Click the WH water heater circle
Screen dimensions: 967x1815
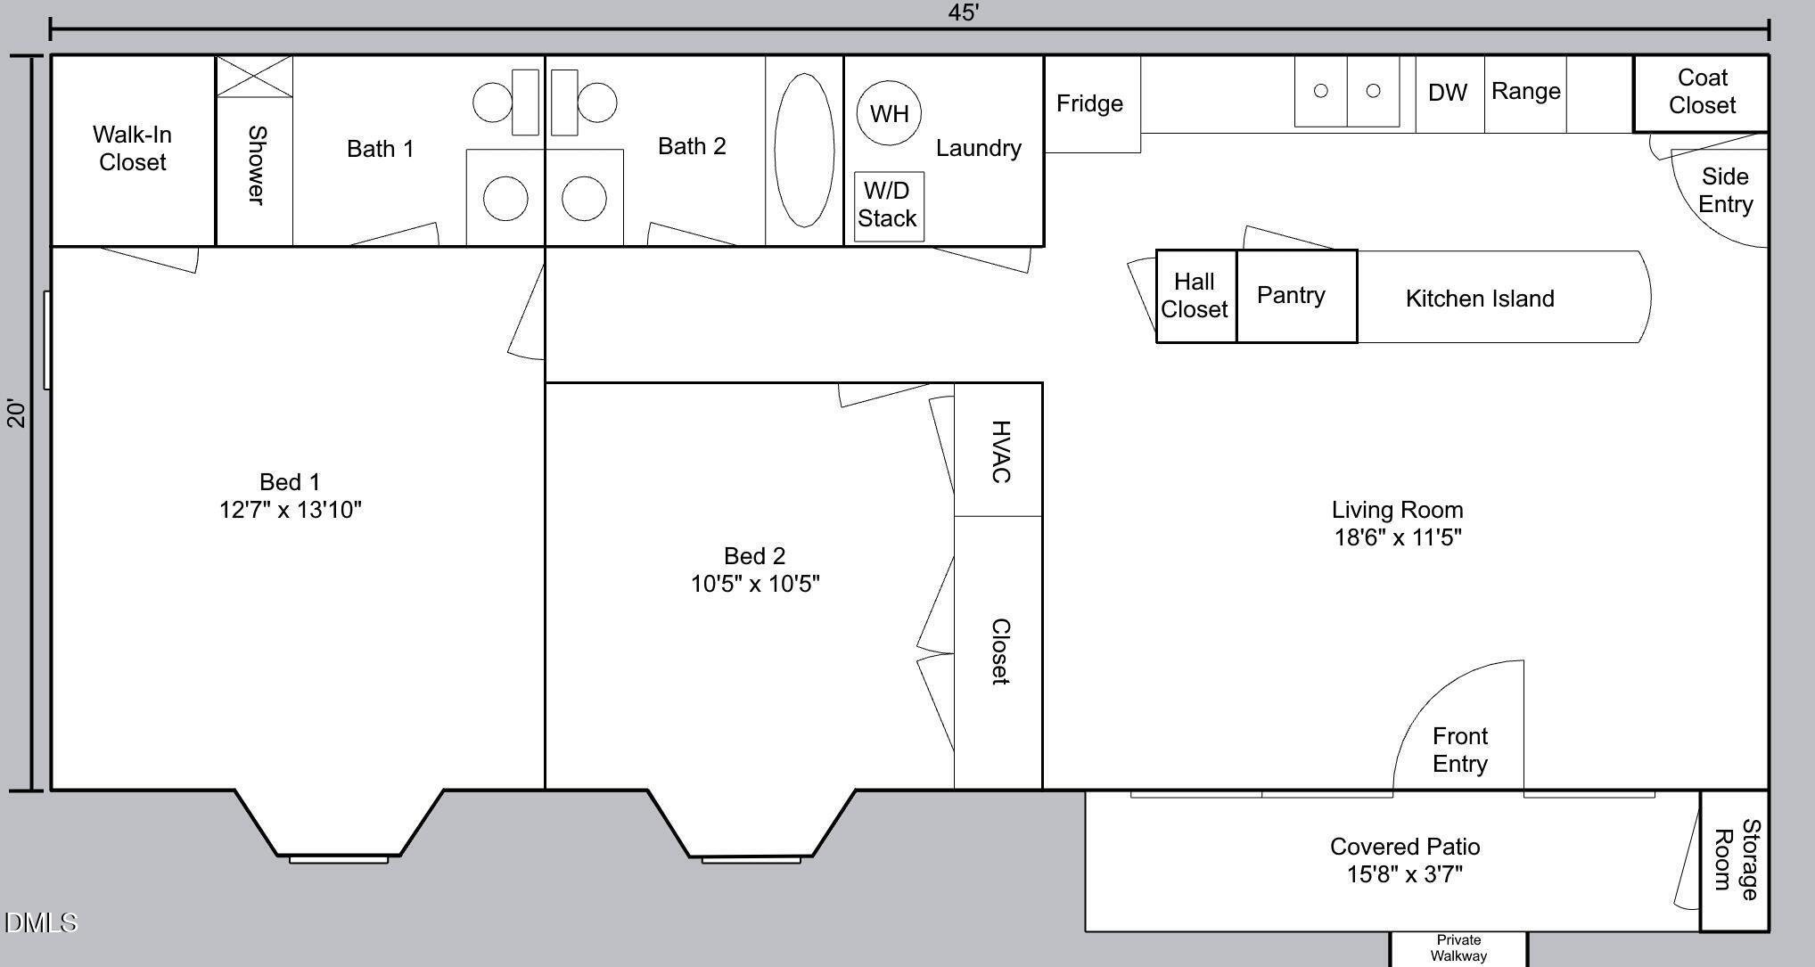click(x=889, y=113)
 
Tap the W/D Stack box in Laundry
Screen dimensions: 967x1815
click(x=888, y=206)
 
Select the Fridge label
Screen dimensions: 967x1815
click(x=1089, y=103)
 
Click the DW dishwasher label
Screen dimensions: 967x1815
click(x=1448, y=93)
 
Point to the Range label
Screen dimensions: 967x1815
click(x=1525, y=91)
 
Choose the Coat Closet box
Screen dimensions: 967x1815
click(x=1701, y=93)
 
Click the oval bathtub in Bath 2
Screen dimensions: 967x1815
click(x=804, y=150)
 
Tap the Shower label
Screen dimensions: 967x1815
click(x=256, y=165)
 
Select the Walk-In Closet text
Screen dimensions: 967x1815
click(x=132, y=148)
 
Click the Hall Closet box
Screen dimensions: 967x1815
click(x=1195, y=296)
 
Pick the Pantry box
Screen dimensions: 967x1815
click(x=1291, y=295)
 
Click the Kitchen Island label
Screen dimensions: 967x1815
click(x=1480, y=299)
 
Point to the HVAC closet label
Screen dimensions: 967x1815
click(x=1001, y=452)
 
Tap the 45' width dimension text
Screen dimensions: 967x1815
click(x=964, y=12)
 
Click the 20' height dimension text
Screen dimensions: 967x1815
click(x=17, y=413)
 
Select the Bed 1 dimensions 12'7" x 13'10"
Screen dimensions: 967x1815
click(x=291, y=510)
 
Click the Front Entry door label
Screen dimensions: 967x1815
click(x=1459, y=750)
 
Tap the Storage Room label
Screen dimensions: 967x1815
click(x=1736, y=859)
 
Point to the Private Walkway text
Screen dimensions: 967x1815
click(x=1458, y=948)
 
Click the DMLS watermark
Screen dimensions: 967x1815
click(x=41, y=922)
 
